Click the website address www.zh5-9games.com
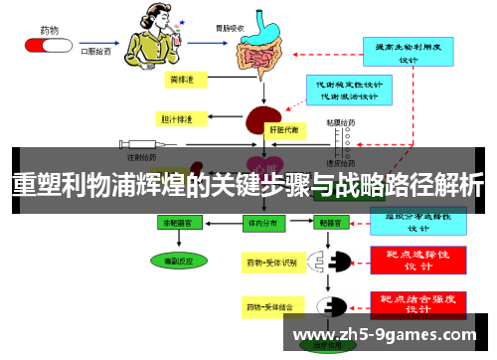(388, 333)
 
